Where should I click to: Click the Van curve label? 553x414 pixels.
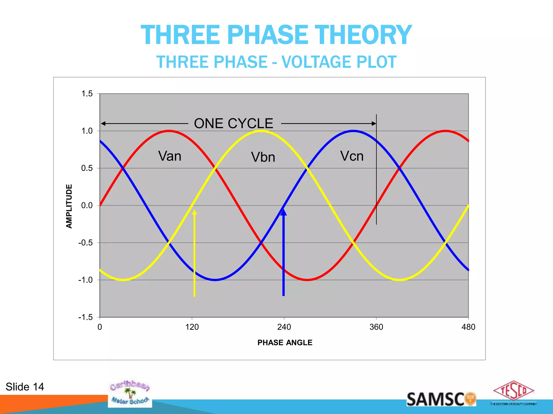[170, 156]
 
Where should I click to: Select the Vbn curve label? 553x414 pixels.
[263, 157]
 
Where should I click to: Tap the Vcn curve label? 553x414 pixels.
[352, 156]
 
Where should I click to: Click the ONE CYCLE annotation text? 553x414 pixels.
[234, 123]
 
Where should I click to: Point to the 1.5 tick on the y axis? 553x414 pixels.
[87, 94]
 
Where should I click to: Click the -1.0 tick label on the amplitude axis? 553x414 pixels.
[85, 280]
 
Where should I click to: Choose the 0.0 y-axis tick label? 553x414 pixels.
[87, 206]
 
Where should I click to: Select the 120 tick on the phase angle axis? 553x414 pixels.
[192, 327]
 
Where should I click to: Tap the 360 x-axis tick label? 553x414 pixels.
[376, 327]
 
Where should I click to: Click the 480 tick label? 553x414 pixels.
[468, 327]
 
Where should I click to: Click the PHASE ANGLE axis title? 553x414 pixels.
[285, 343]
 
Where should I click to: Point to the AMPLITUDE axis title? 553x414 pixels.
[69, 206]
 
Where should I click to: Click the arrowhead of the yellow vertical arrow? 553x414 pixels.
[194, 212]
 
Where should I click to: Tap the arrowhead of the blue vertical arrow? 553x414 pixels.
[284, 212]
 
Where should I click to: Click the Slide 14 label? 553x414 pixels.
[25, 387]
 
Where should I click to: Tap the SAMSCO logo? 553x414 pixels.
[441, 399]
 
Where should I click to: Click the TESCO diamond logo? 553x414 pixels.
[514, 391]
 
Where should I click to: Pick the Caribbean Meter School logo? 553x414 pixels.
[130, 393]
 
